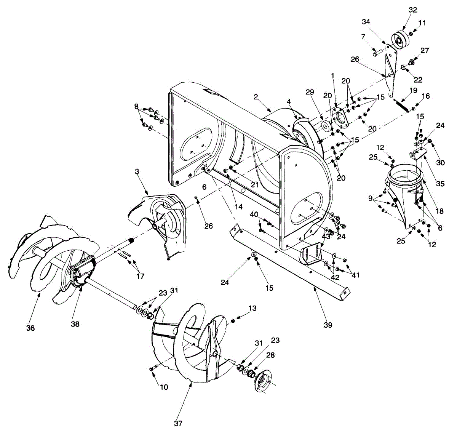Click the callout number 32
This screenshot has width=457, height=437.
coord(413,10)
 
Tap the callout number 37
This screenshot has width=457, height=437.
coord(179,423)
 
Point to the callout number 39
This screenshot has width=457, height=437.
coord(328,325)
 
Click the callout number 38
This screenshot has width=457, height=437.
coord(75,323)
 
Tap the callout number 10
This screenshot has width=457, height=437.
coord(164,387)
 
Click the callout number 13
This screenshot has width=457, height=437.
coord(252,308)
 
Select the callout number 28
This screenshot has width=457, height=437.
coord(270,355)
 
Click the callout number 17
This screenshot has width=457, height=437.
coord(141,276)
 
